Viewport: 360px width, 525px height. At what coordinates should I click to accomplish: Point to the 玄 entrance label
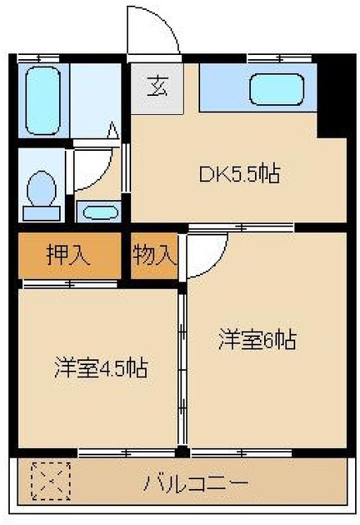(156, 85)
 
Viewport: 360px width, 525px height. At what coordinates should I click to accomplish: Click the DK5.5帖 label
(240, 174)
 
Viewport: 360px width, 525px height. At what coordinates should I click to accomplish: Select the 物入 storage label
(155, 255)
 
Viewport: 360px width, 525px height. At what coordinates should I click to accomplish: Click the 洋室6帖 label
(257, 338)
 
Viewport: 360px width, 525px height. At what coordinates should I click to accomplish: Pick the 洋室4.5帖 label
(102, 367)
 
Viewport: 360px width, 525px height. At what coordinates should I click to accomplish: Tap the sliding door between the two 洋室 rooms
(182, 369)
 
